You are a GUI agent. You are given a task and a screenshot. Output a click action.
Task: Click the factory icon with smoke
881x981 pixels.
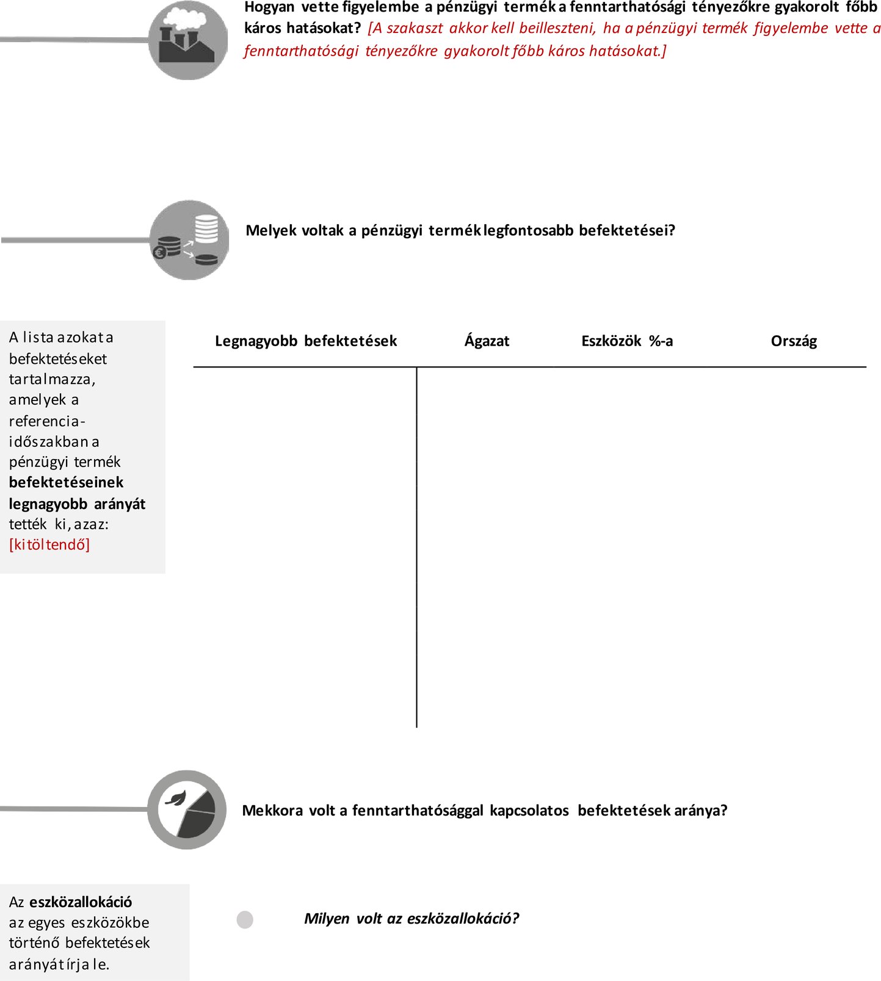[187, 40]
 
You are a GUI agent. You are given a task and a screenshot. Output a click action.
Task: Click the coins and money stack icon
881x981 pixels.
[189, 240]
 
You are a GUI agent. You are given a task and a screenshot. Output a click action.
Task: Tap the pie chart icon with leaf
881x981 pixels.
[187, 809]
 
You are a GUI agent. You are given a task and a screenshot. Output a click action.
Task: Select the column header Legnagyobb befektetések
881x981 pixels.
[306, 341]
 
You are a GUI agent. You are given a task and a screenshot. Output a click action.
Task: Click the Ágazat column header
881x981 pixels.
[487, 341]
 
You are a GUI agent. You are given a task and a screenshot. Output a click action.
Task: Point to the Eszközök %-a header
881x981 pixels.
[627, 341]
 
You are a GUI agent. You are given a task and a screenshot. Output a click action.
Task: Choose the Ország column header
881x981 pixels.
[794, 341]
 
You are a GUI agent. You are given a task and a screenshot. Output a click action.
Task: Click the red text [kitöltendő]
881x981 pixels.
[49, 545]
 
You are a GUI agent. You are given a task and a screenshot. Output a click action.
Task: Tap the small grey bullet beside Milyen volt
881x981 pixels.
[245, 919]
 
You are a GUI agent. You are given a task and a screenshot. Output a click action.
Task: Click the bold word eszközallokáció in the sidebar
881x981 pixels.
[81, 902]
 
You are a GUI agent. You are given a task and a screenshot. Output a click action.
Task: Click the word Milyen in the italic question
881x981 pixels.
[327, 918]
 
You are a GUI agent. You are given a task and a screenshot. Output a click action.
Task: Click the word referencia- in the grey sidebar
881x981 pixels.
[47, 421]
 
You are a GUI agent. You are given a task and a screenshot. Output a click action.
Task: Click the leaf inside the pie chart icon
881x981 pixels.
[176, 798]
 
